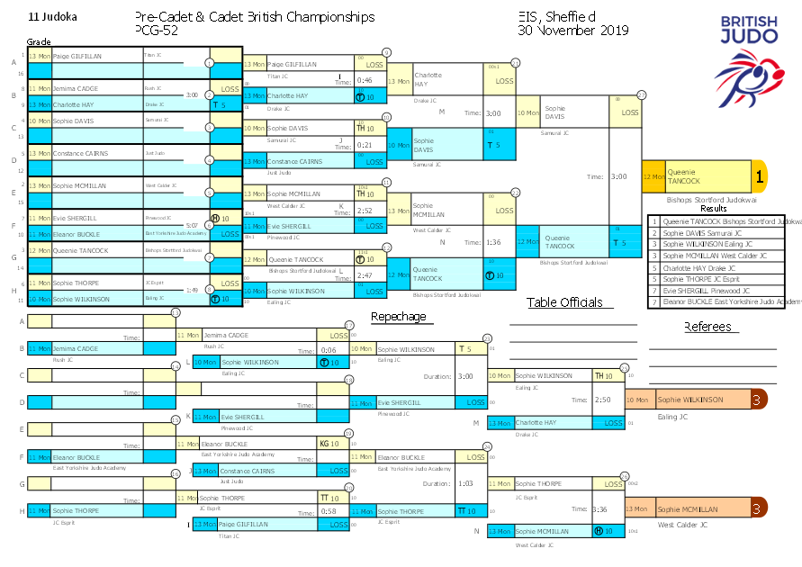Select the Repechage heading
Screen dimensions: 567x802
398,316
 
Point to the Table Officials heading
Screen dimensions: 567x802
564,302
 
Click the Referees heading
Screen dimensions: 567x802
707,327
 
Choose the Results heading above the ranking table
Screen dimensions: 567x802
713,208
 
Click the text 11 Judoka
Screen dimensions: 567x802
53,17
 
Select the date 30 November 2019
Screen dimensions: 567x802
573,31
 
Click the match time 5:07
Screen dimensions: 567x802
191,226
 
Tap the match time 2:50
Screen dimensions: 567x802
602,400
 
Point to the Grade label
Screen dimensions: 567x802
39,42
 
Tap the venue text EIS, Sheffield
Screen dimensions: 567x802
557,17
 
